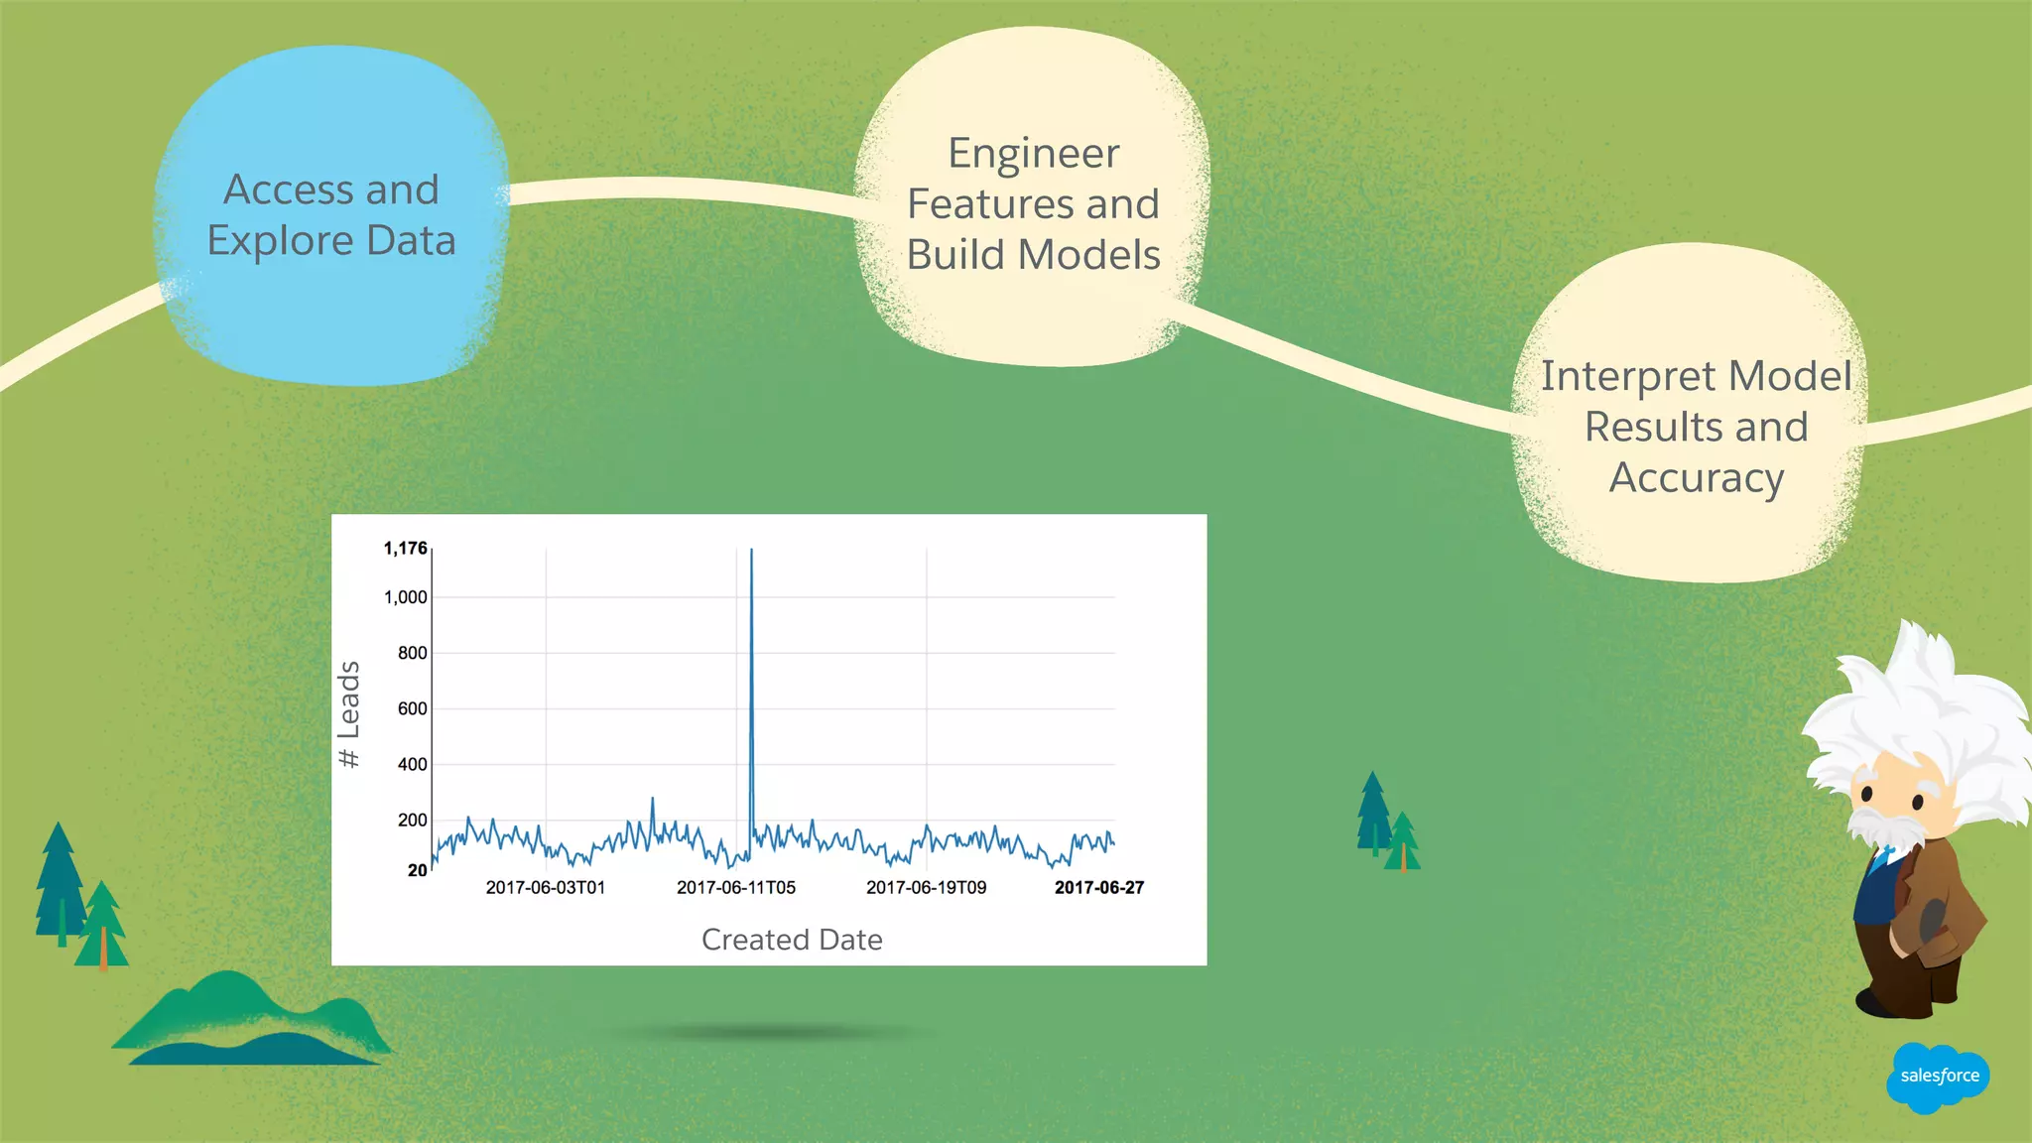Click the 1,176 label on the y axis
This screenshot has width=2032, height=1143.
tap(405, 549)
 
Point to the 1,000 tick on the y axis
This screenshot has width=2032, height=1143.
tap(405, 597)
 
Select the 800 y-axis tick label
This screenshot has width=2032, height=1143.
tap(412, 653)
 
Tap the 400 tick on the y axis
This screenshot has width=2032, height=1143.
tap(412, 764)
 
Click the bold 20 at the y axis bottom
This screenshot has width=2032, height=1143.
tap(417, 870)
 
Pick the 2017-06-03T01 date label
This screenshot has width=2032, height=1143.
tap(545, 887)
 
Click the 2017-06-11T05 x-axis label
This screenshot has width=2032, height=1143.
tap(735, 887)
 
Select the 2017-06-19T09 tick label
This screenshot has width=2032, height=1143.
tap(926, 887)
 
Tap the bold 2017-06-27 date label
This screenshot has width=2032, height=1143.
tap(1098, 887)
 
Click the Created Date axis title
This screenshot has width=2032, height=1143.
tap(791, 940)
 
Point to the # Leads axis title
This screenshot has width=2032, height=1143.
tap(348, 714)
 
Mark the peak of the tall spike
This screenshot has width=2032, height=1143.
tap(751, 551)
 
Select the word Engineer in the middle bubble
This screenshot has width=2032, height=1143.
tap(1033, 154)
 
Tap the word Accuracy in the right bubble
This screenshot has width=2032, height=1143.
tap(1696, 478)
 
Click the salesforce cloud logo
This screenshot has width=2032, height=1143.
tap(1938, 1077)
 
